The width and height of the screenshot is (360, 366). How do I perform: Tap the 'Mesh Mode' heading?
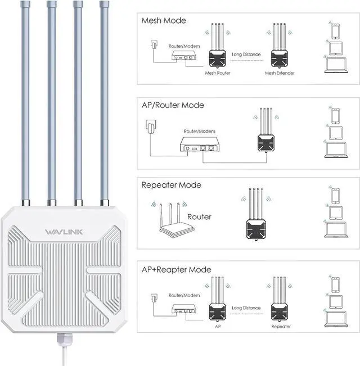pos(164,21)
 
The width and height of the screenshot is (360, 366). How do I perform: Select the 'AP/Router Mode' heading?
pos(174,105)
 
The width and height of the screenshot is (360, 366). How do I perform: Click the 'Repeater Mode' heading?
pos(172,185)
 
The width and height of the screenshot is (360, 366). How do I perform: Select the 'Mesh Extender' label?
pos(280,73)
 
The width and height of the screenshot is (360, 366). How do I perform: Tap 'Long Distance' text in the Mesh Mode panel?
pos(246,55)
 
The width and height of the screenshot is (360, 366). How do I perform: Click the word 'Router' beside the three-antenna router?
pos(200,216)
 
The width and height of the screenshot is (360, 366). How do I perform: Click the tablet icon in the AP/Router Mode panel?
pos(335,133)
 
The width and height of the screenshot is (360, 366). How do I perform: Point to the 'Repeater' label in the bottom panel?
pos(281,326)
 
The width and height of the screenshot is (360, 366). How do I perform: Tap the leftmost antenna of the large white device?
pos(25,101)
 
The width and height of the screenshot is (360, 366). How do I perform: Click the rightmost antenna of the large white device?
pos(104,101)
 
